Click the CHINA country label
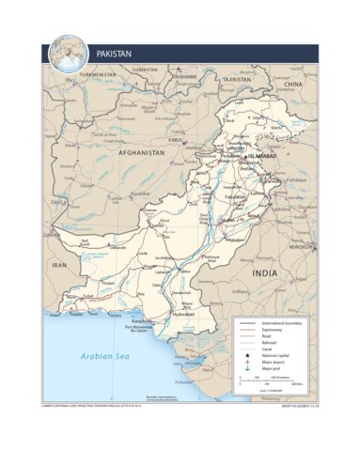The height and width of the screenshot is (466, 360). tap(294, 85)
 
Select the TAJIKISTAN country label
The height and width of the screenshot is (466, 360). tap(234, 80)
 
